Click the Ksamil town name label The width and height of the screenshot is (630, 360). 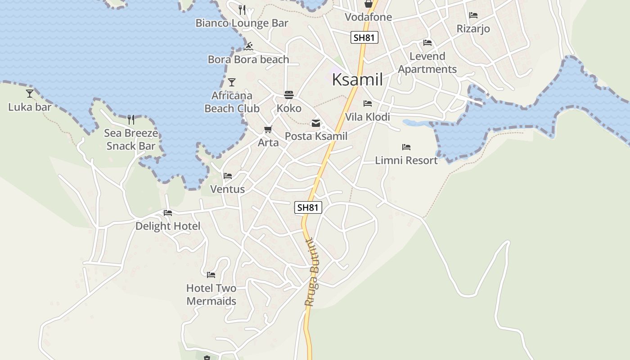[357, 80]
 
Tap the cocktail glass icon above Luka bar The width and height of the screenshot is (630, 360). [30, 93]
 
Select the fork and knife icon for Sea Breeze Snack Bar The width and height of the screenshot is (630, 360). [131, 119]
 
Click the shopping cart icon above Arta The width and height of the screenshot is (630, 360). [268, 130]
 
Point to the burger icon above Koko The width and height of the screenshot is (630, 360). [289, 95]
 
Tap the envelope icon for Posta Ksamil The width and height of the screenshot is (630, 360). [316, 123]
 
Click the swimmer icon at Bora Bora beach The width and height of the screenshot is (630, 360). [249, 46]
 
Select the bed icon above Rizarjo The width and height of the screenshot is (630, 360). [473, 15]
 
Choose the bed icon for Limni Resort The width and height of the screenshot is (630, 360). [406, 147]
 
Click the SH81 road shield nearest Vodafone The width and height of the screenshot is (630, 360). [364, 38]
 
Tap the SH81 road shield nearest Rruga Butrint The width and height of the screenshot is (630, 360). [308, 207]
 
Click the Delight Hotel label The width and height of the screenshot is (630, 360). [168, 226]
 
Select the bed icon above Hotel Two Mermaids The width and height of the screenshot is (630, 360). [211, 274]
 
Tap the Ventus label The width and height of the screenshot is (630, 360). [228, 189]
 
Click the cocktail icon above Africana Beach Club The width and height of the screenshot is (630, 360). [232, 82]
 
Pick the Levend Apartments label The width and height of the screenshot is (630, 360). [427, 63]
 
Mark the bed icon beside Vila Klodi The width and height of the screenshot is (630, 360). [368, 103]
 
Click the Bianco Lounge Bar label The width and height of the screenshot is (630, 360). [242, 23]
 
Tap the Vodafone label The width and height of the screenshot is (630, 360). [368, 17]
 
